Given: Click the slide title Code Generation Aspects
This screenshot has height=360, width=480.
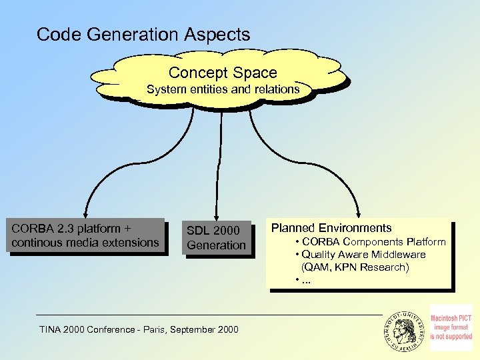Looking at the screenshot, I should (143, 34).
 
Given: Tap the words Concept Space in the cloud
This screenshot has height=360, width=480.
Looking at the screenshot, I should (223, 72).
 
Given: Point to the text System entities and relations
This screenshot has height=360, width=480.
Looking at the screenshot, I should (223, 89).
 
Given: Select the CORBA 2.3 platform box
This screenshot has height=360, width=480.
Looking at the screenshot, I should (85, 235).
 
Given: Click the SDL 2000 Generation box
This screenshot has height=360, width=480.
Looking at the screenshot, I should (216, 237).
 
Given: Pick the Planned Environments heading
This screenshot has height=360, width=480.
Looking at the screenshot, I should (331, 228).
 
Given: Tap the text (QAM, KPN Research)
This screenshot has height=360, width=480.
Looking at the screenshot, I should (355, 267).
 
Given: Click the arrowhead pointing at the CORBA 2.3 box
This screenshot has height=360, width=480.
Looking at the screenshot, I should (85, 212).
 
